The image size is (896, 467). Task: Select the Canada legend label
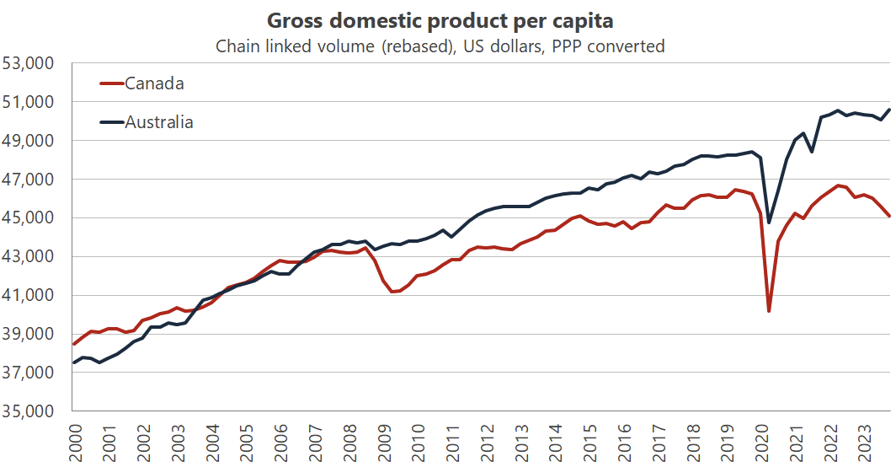click(154, 83)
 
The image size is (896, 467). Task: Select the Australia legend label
click(159, 122)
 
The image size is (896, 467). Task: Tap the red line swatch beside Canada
click(112, 83)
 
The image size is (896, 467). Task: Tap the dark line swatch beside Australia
click(112, 122)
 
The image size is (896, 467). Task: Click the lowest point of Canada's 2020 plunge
click(769, 311)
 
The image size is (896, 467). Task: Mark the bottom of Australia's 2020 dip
click(769, 223)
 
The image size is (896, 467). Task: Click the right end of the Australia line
click(891, 110)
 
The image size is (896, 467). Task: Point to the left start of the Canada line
click(74, 344)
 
